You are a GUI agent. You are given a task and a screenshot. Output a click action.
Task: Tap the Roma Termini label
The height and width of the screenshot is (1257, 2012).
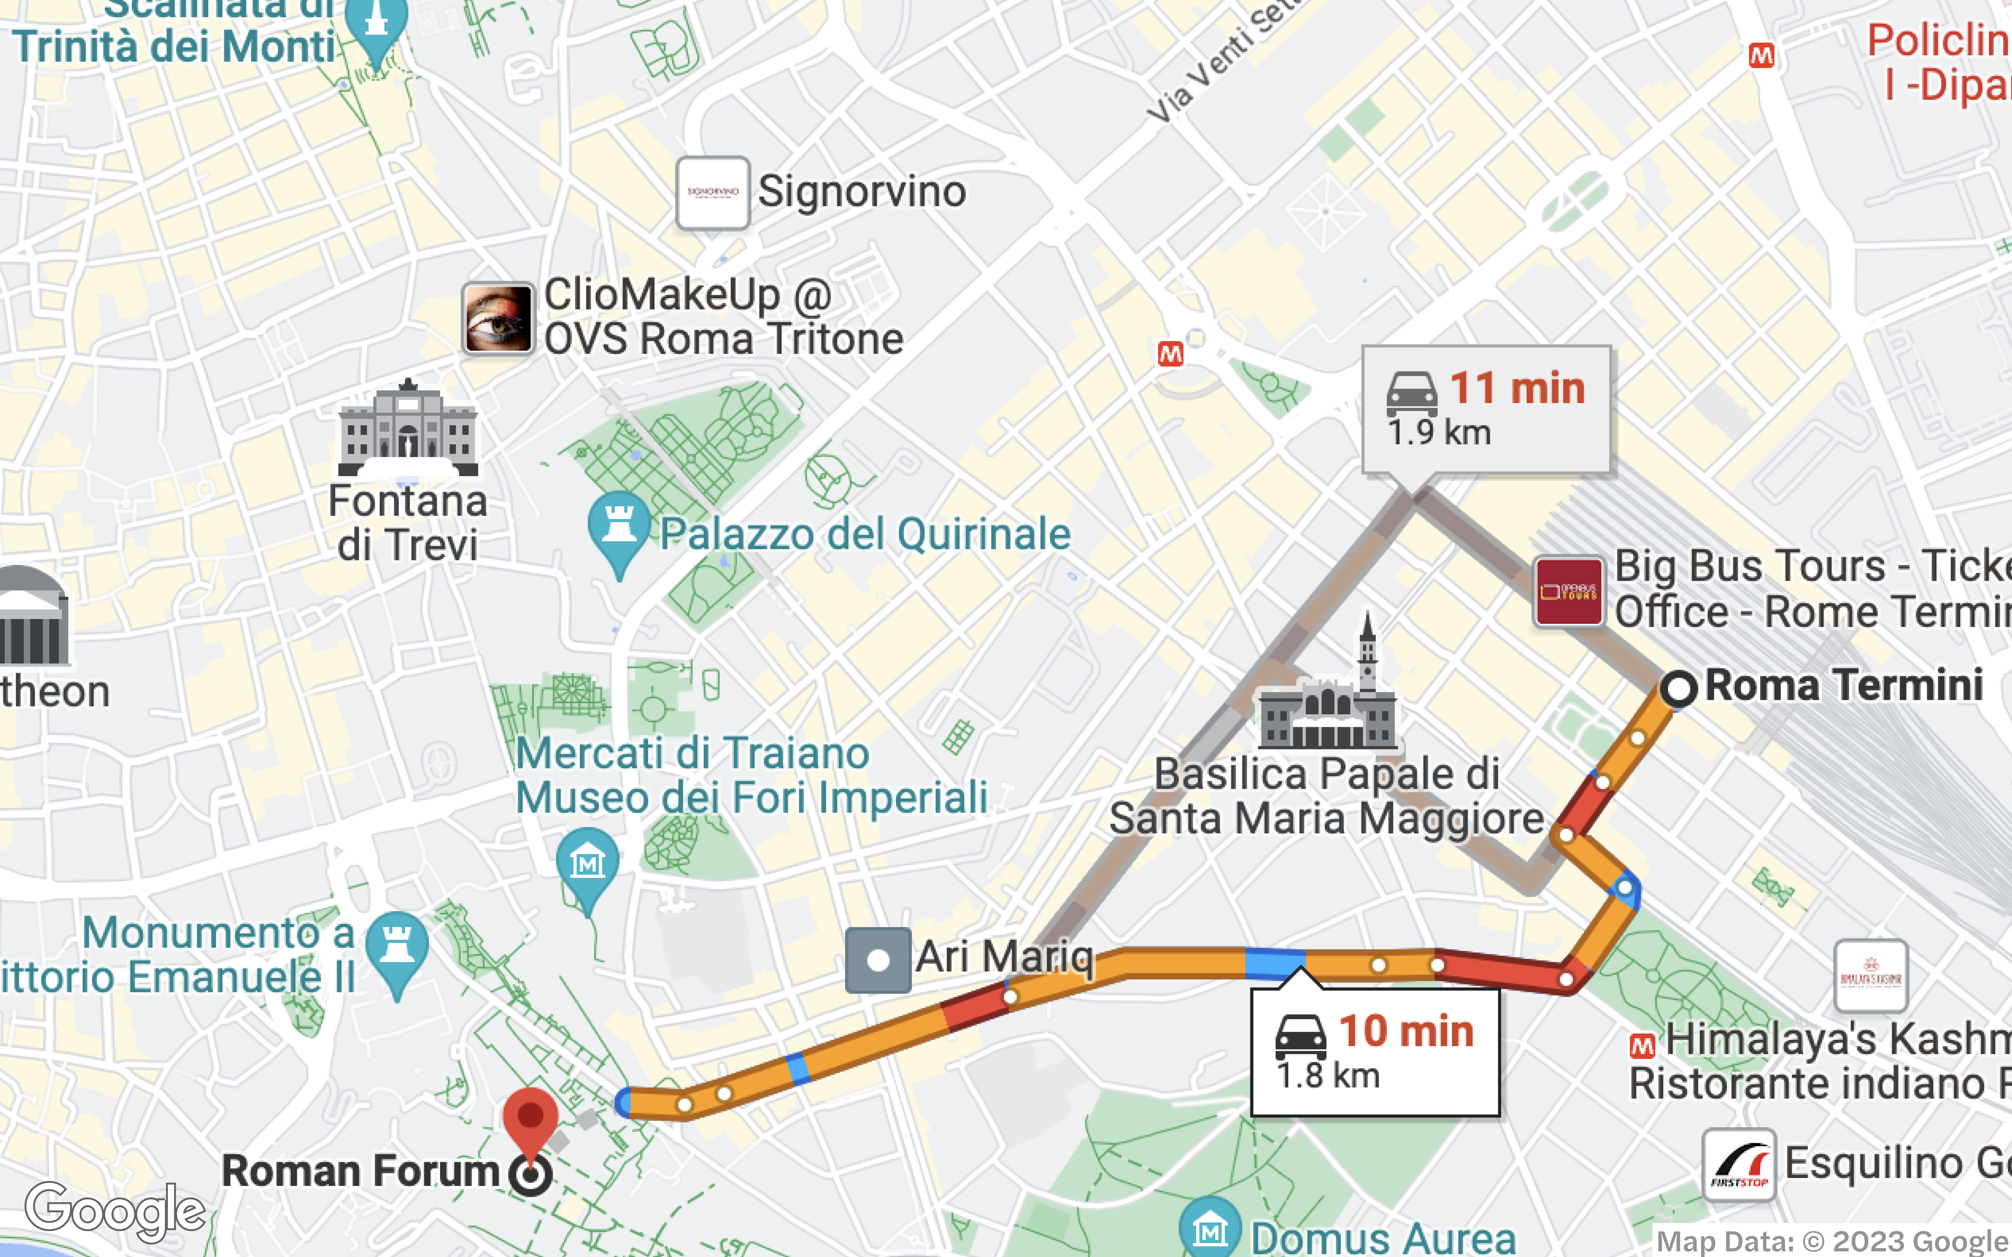1843,686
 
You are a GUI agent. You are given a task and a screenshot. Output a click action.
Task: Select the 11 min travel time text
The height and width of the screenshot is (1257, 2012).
1517,388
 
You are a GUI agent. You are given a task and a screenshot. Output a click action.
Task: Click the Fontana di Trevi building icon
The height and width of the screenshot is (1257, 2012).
407,428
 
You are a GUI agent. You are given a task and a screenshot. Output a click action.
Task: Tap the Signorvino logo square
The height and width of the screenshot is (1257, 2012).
712,193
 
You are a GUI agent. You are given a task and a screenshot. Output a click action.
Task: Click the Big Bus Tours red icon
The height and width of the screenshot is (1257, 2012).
1568,592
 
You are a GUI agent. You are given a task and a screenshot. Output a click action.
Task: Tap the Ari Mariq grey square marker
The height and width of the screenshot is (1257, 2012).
878,960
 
